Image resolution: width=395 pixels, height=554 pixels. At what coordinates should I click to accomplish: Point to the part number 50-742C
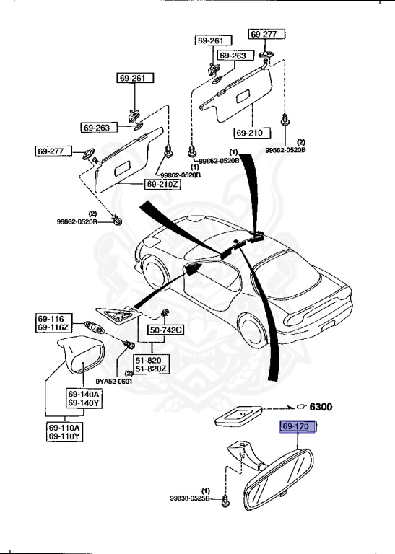point(166,330)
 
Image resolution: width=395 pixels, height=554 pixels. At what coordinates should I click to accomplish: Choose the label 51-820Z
point(149,369)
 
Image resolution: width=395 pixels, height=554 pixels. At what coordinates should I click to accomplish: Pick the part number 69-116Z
point(53,328)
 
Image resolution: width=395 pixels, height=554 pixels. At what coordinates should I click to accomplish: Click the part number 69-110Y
point(65,436)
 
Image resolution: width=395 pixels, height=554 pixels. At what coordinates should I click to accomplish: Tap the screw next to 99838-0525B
point(226,498)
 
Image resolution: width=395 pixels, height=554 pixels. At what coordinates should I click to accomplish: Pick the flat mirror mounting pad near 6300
point(237,415)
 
